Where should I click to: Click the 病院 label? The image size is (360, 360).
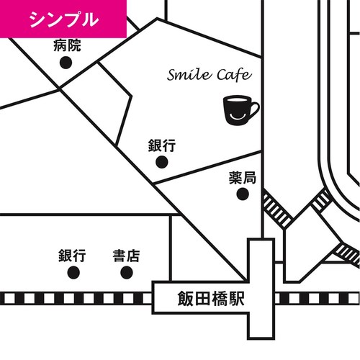coord(67,45)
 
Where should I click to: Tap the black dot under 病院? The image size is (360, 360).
coord(66,63)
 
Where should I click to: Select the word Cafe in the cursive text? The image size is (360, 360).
coord(234,74)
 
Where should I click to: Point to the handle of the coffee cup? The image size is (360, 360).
coord(255,109)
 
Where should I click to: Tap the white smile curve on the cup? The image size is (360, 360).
coord(236,117)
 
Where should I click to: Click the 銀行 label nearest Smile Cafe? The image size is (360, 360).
coord(162,145)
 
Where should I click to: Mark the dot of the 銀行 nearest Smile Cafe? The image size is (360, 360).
coord(162,162)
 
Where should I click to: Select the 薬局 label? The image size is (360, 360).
coord(243,178)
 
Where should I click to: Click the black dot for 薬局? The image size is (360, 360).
coord(243,194)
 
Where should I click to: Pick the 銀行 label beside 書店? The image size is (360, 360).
coord(72,256)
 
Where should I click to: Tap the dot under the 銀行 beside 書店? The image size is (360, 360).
coord(73,273)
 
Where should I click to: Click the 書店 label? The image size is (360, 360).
coord(126,256)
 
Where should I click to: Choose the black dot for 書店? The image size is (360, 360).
coord(127,273)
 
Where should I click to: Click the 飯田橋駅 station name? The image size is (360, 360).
coord(211,299)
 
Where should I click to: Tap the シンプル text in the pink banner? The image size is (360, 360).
coord(64,19)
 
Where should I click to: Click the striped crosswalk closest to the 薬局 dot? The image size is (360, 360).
coord(277,210)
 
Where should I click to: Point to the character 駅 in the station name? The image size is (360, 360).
coord(236,299)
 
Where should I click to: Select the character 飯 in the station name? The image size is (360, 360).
coord(186,299)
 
